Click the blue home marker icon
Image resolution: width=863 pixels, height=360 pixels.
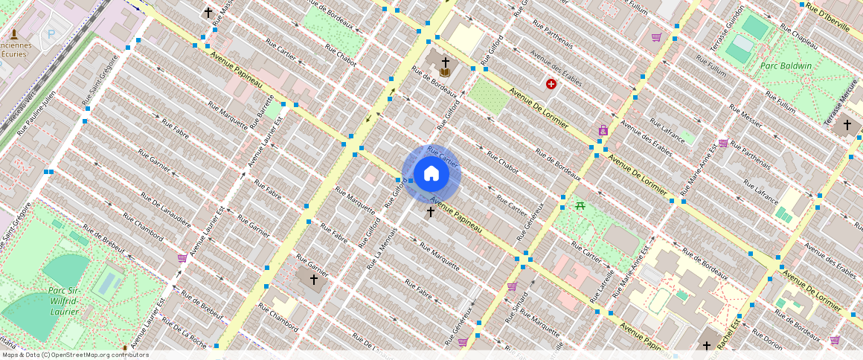coord(431,174)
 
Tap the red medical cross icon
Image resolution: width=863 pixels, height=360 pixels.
coord(551,84)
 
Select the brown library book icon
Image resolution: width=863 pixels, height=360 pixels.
coord(445,72)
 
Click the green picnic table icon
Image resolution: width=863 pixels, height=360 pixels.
coord(580,205)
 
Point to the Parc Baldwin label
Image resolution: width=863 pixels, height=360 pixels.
coord(786,65)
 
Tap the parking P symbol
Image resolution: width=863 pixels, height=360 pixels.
coord(51,33)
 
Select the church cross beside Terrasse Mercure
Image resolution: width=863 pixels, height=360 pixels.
coord(847,125)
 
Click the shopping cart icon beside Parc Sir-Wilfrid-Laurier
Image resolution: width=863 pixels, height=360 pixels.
coord(182,258)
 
